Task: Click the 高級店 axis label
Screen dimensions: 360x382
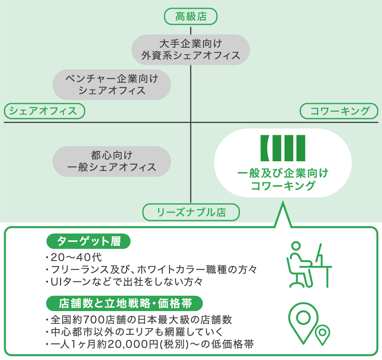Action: [191, 17]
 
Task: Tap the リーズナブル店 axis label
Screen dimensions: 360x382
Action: [191, 212]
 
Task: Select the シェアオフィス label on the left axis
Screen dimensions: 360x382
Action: [44, 111]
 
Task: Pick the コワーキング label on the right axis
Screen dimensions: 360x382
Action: [339, 111]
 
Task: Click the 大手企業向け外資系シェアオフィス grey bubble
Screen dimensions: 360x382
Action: [191, 50]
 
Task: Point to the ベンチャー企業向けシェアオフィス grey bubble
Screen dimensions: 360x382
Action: [112, 84]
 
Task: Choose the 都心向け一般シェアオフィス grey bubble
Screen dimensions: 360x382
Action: [112, 161]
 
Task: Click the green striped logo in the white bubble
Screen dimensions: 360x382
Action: [283, 148]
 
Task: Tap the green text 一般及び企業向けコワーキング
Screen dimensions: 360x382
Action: [283, 180]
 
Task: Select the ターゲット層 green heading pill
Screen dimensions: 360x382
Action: [88, 242]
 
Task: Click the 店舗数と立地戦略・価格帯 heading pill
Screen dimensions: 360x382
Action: [124, 303]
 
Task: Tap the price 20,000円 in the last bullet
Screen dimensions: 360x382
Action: [130, 344]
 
